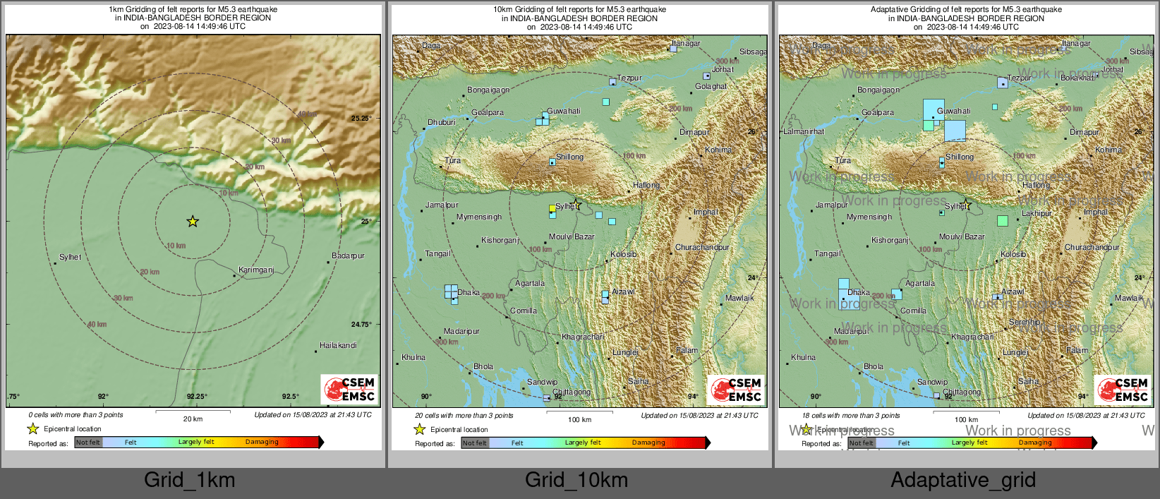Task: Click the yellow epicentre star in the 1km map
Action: (193, 222)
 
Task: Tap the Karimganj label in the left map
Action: (256, 270)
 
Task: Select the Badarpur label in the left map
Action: (348, 255)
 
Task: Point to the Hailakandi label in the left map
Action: (338, 345)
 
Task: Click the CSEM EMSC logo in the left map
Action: (349, 389)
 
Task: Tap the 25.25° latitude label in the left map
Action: (361, 119)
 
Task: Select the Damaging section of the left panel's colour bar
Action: (262, 443)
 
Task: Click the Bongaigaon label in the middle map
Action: (488, 90)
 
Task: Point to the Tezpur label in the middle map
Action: (629, 78)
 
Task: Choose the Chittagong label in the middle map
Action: (572, 392)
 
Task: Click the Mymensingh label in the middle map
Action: (479, 217)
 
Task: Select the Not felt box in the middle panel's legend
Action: (475, 443)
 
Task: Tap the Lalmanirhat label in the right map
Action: (804, 131)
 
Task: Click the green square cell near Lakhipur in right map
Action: (1003, 221)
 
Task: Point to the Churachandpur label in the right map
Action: (1092, 248)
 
